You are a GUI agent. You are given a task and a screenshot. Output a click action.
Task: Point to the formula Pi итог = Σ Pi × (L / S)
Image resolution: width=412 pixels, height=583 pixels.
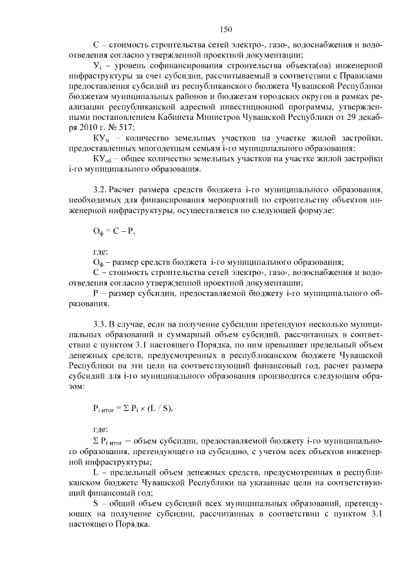pyautogui.click(x=134, y=407)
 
